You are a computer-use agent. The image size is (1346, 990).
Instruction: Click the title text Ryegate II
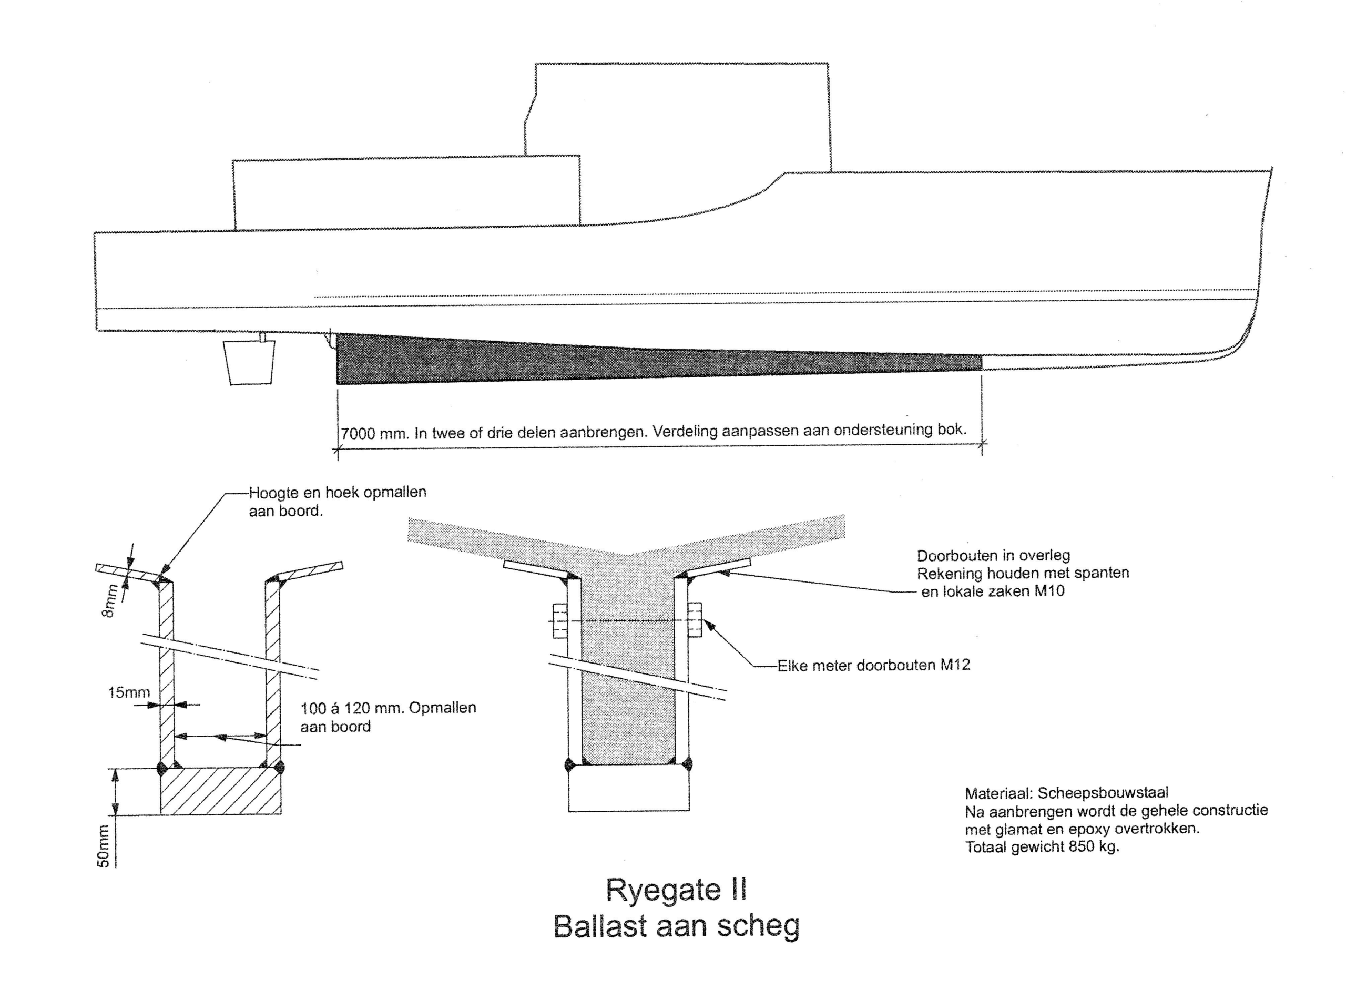pos(676,891)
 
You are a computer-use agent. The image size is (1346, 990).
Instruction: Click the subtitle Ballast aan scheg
pos(676,927)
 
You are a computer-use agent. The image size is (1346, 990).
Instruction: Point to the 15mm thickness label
pos(128,693)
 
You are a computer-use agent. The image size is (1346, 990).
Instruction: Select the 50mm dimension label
pos(103,845)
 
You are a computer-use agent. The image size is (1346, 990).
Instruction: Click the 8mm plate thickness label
pos(108,603)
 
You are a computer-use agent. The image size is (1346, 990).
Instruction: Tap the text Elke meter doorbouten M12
pos(874,665)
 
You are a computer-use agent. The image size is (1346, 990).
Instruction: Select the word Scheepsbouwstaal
pos(1103,793)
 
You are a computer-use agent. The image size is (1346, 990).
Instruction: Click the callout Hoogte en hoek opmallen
pos(338,493)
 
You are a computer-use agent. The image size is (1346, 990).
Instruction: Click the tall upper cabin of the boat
pos(677,117)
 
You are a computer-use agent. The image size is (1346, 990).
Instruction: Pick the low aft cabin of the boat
pos(406,193)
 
